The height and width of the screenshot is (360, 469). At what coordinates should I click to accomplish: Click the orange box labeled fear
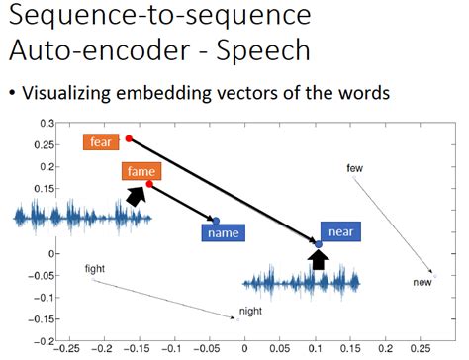101,142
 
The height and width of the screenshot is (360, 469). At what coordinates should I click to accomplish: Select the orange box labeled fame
138,172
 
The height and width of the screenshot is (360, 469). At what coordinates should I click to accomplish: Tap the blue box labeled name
222,233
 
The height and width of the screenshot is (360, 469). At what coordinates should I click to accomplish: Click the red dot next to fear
129,139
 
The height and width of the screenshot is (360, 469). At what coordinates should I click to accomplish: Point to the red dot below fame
149,184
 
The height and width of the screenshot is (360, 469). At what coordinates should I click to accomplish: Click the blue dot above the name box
216,220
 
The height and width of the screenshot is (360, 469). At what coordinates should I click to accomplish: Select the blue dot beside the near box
318,242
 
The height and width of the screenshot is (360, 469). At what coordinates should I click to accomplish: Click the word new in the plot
422,283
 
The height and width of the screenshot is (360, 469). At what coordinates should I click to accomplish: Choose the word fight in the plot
95,268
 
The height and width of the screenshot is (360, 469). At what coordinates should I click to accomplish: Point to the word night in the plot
251,311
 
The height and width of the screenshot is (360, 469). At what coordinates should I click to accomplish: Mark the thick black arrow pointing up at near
318,259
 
